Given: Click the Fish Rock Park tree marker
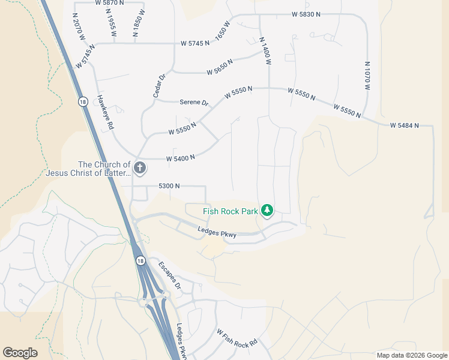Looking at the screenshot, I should point(267,211).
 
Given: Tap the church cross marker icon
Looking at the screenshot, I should point(139,168).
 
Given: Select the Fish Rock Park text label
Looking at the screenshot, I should point(231,211).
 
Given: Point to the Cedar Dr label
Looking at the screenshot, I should point(158,86).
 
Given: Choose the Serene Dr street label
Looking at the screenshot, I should point(194,103).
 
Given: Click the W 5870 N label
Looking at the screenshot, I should point(109,3).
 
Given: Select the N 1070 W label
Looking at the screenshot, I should point(367,75).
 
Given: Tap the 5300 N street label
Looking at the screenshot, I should point(169,186).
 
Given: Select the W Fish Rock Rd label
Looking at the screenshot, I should point(237,340).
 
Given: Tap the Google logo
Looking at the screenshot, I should point(20,353).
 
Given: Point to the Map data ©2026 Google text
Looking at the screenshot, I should point(411,355).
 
